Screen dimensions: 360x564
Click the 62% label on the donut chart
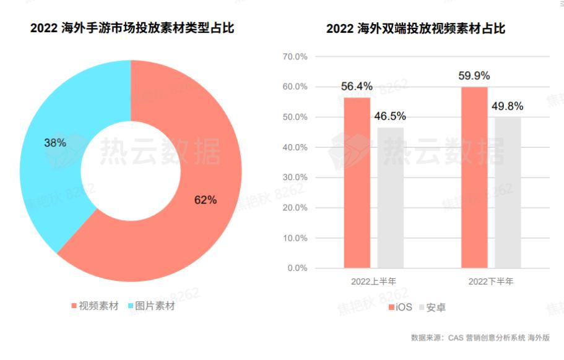(x=206, y=200)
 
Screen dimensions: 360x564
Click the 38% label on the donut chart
(x=54, y=142)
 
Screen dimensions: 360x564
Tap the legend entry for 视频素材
(x=94, y=306)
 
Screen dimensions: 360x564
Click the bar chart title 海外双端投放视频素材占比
(x=416, y=28)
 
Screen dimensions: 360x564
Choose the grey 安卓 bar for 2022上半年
(x=390, y=198)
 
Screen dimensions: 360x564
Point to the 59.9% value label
(x=474, y=76)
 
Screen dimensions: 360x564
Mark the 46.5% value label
(x=390, y=116)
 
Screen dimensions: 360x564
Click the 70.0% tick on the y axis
(x=295, y=56)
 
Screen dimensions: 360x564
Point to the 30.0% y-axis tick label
(x=295, y=178)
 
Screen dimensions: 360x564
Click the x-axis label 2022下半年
(x=491, y=281)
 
